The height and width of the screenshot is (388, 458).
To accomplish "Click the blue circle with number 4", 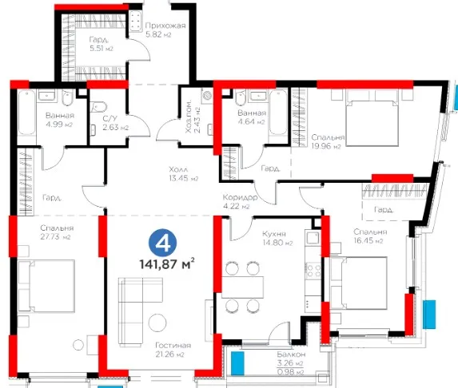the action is [x=163, y=243].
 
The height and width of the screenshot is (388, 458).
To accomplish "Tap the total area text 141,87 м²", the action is [x=167, y=264].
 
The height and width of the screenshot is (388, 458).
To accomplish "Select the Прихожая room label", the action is [x=165, y=26].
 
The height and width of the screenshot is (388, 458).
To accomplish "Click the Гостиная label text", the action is [x=173, y=345].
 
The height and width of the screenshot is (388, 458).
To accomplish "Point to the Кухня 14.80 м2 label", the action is [x=277, y=238].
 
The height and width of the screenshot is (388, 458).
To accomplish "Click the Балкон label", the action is [x=291, y=354].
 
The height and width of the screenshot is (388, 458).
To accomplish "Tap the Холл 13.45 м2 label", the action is [x=183, y=173].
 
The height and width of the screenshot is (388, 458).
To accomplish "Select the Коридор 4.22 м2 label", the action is [x=240, y=202].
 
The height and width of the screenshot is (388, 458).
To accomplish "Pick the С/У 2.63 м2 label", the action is [x=115, y=123].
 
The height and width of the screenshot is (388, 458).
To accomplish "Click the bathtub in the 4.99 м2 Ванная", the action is [x=27, y=112].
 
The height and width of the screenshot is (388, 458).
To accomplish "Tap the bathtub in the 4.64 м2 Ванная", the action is [x=278, y=112].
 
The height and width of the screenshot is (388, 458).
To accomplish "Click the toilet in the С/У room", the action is [x=98, y=107].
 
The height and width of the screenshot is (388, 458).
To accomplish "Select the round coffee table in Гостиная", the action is [x=157, y=323].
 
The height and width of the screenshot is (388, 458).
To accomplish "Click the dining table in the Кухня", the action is [x=243, y=287].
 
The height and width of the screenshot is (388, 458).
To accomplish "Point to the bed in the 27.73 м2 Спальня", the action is [x=46, y=286].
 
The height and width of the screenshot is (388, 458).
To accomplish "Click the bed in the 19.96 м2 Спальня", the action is [x=372, y=117].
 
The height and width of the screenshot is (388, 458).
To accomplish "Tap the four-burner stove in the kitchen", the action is [x=313, y=271].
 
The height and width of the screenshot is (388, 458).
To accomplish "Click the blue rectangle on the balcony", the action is [x=237, y=363].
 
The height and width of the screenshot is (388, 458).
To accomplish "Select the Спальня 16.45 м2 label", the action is [x=370, y=236].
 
